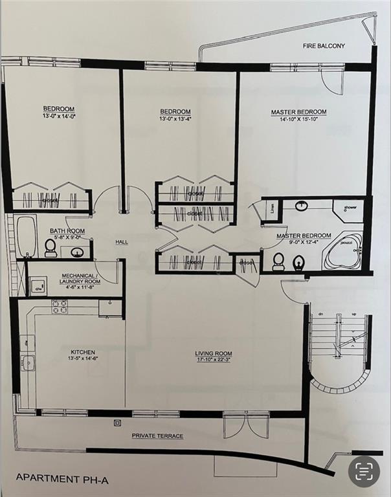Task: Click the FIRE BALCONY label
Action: tap(324, 46)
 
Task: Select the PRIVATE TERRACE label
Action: tap(157, 436)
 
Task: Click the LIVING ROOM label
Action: tap(214, 354)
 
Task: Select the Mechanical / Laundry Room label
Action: tap(80, 278)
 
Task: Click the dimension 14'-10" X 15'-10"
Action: tap(298, 120)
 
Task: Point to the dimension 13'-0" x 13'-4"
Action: tap(175, 119)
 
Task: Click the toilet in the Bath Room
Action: tap(50, 247)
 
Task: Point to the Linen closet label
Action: tap(272, 209)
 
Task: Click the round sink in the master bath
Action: tap(302, 206)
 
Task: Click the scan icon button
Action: tap(364, 470)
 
